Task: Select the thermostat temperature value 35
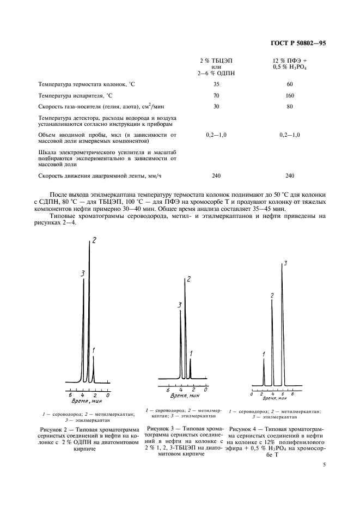[216, 84]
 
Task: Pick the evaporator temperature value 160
[290, 95]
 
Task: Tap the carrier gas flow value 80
[290, 106]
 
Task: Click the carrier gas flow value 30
[216, 106]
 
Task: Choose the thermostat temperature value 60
[290, 84]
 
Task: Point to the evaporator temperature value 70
[216, 95]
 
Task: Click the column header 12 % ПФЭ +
[290, 59]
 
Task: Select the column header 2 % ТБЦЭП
[216, 59]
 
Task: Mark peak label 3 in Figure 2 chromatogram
[82, 274]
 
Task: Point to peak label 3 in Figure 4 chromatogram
[285, 264]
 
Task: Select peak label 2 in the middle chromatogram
[188, 280]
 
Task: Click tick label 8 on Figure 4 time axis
[292, 393]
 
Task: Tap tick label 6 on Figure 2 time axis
[70, 394]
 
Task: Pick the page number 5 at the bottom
[325, 465]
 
